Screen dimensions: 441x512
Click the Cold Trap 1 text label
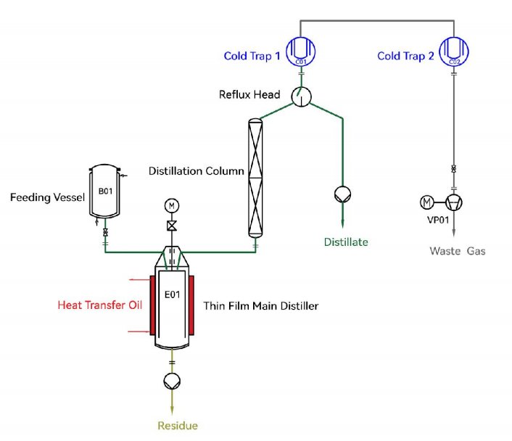tap(252, 56)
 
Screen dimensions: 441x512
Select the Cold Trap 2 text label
tap(405, 56)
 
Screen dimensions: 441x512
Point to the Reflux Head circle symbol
tap(300, 96)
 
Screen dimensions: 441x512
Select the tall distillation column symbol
tap(255, 177)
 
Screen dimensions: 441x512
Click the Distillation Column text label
tap(196, 172)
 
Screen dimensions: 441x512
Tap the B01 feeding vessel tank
tap(104, 193)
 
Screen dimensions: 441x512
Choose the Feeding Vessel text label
tap(44, 197)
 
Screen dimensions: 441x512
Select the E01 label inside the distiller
tap(171, 295)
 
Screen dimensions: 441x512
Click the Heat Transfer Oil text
tap(100, 305)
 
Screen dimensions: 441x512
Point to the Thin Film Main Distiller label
tap(261, 306)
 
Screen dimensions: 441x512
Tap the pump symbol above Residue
tap(172, 381)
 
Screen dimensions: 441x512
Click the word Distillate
tap(345, 242)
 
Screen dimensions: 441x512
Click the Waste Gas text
tap(457, 251)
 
